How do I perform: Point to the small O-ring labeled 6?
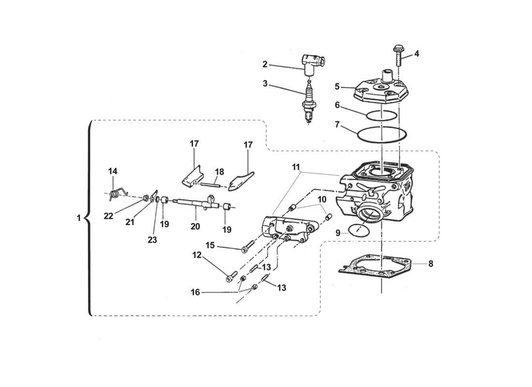[381, 116]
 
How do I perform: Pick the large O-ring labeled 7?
[382, 134]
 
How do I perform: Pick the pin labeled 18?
[210, 185]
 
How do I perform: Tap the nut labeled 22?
[145, 197]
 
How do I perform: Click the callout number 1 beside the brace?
[79, 218]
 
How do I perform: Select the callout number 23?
[152, 239]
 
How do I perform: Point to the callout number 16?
[195, 292]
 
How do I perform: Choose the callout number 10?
[322, 199]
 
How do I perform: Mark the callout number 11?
[296, 167]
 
